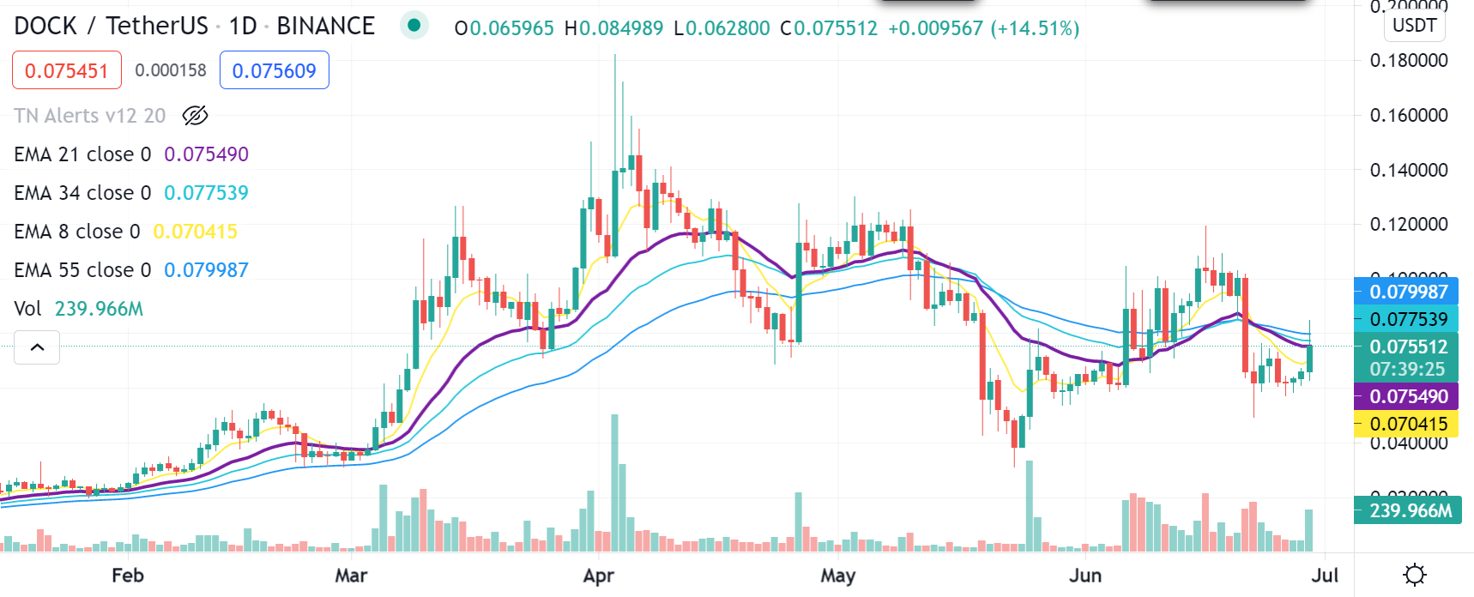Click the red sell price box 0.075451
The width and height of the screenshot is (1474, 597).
[x=67, y=70]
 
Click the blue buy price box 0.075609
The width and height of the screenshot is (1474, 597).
[x=274, y=70]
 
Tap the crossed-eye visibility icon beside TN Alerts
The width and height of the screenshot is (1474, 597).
[x=196, y=116]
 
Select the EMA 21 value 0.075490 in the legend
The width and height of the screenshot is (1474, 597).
[x=206, y=154]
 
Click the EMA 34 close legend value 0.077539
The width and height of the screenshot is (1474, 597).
[x=206, y=193]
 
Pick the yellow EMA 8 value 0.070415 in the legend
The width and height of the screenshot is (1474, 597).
[x=195, y=232]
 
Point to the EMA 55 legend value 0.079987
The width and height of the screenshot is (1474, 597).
[x=206, y=270]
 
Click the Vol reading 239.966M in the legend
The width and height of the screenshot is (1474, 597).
[x=99, y=309]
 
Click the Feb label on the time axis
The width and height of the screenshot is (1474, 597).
[x=128, y=576]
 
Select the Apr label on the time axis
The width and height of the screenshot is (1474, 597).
[x=598, y=576]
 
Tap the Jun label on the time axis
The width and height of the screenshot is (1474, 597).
[x=1085, y=576]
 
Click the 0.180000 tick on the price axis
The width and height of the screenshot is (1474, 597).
[x=1409, y=60]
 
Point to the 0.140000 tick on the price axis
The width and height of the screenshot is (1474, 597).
[x=1409, y=170]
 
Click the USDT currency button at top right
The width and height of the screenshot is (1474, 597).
[x=1414, y=25]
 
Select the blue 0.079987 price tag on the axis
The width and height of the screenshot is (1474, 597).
[x=1407, y=292]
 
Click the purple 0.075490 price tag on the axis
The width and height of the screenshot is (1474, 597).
[x=1407, y=396]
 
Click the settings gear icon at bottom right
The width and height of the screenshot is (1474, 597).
[x=1414, y=575]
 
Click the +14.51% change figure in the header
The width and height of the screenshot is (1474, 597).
[x=1035, y=28]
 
